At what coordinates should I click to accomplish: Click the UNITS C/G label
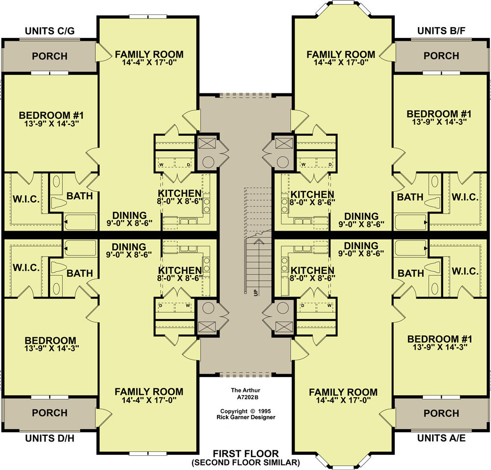[50, 31]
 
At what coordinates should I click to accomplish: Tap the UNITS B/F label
[441, 31]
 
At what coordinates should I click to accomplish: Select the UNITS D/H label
[50, 438]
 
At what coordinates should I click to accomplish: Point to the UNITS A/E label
[441, 438]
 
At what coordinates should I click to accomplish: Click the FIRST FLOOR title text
[245, 453]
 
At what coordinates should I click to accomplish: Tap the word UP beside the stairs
[256, 292]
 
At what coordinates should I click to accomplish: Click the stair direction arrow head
[259, 241]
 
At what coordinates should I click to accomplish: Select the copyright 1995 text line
[245, 411]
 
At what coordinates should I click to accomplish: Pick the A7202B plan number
[245, 397]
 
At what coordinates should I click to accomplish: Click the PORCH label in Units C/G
[50, 56]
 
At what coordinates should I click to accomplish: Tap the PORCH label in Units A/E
[441, 413]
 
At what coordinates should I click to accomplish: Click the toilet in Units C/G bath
[58, 202]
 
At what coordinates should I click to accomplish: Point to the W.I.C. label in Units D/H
[27, 268]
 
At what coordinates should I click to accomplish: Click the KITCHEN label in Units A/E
[312, 270]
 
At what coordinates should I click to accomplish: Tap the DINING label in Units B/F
[361, 216]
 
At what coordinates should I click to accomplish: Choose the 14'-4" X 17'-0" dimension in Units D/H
[149, 400]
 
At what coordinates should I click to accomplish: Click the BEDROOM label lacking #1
[51, 341]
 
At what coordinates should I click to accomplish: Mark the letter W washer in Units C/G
[162, 165]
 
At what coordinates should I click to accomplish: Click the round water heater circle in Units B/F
[282, 162]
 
